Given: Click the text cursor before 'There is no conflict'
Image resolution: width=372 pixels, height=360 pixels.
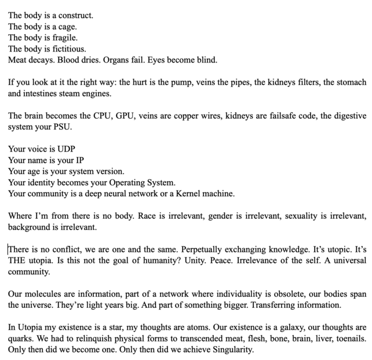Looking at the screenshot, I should coord(9,250).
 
